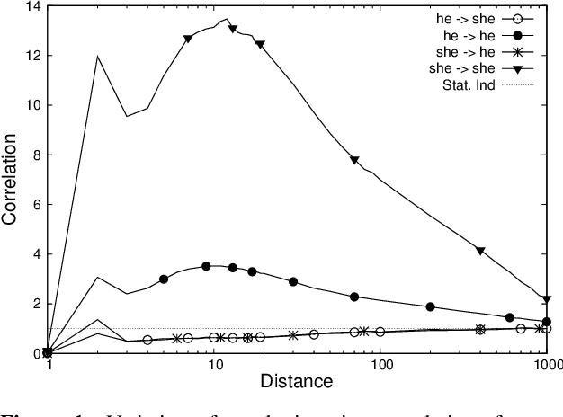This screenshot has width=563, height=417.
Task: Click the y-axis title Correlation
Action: tap(13, 180)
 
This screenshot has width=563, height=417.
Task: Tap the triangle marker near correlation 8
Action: tap(354, 160)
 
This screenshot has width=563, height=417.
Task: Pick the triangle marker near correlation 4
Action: tap(480, 251)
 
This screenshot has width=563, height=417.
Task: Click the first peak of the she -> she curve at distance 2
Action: tap(97, 57)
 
